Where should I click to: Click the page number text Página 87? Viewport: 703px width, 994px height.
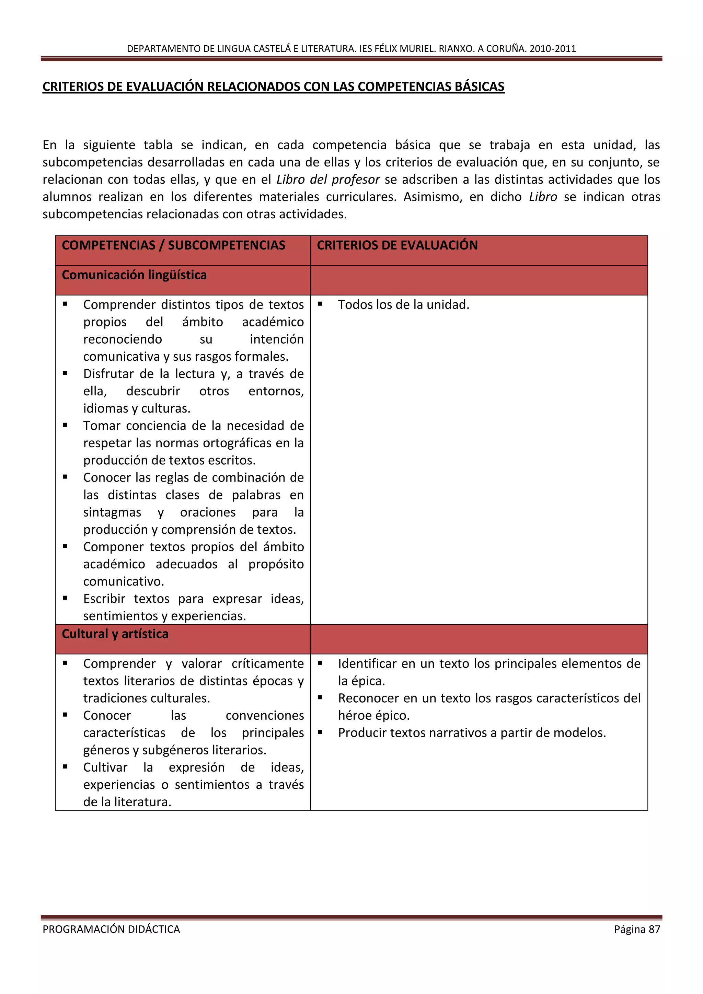637,929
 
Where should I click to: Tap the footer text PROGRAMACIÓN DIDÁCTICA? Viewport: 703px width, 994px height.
111,929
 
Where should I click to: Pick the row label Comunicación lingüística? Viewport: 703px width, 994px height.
134,275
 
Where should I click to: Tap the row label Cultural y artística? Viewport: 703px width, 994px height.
115,634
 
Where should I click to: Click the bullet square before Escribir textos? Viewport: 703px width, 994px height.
65,598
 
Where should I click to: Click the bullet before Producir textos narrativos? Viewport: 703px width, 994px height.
320,732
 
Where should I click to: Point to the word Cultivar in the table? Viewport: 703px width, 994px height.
105,767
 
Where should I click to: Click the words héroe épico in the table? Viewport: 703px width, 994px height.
373,716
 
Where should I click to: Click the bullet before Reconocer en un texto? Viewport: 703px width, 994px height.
320,697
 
